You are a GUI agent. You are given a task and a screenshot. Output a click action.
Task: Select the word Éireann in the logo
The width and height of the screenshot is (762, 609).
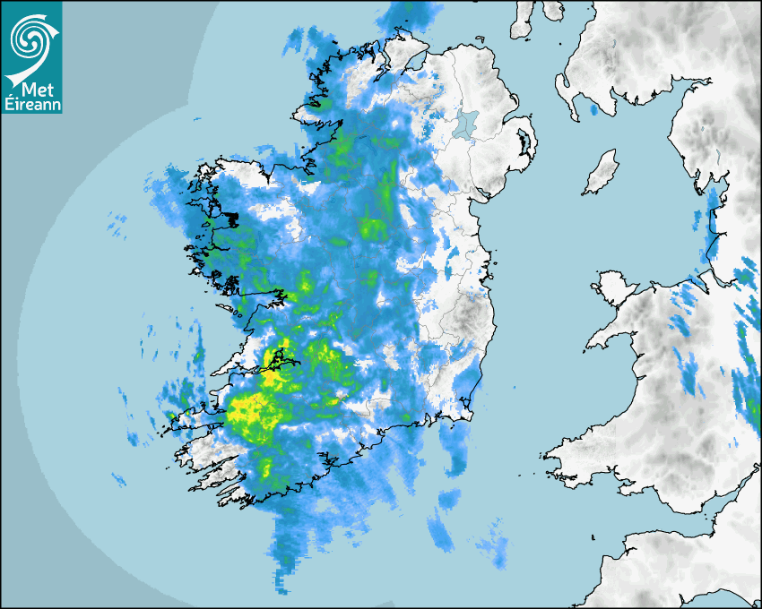click(31, 104)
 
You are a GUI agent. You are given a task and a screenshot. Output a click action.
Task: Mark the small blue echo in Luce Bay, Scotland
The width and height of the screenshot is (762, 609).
click(593, 110)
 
